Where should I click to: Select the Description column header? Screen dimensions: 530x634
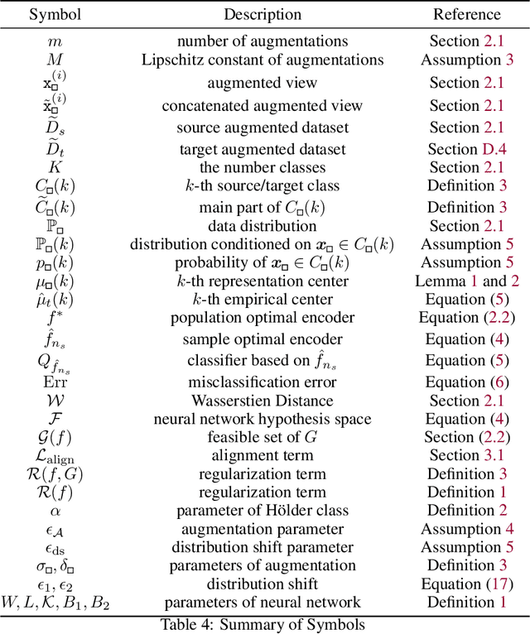click(262, 14)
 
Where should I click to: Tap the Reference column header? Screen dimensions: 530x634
click(466, 14)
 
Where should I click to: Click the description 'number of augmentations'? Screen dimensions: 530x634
click(262, 41)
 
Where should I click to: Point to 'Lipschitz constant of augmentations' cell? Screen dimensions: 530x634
click(262, 60)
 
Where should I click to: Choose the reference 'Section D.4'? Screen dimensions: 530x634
click(466, 150)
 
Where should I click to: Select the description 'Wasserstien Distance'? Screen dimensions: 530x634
click(262, 401)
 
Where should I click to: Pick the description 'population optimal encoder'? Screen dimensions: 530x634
click(262, 319)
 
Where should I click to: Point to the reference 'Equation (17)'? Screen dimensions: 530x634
click(466, 584)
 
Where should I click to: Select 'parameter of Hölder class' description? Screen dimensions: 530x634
click(262, 511)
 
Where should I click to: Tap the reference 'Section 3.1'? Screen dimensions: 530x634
click(466, 455)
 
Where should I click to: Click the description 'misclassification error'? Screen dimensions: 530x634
click(262, 382)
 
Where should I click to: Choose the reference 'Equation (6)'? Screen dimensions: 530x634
click(466, 382)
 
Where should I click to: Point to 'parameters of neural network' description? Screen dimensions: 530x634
click(262, 603)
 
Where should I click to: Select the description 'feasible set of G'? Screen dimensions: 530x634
click(262, 437)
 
